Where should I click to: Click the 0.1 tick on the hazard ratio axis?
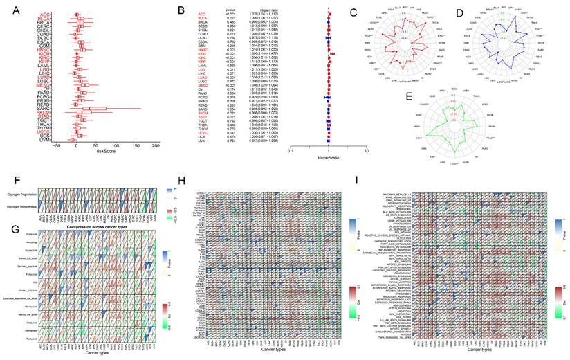291,148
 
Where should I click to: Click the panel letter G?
8,223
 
